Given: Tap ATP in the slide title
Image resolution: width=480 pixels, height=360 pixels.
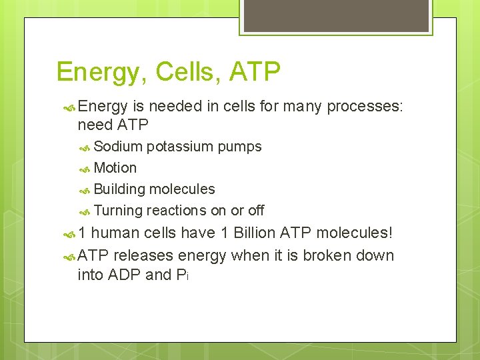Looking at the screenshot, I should coord(255,72).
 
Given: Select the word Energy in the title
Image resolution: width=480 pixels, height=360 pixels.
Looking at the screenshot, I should coord(99,72).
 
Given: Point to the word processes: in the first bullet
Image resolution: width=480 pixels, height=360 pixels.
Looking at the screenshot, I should coord(366,107).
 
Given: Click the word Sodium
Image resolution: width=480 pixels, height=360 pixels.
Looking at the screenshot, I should coord(118,146).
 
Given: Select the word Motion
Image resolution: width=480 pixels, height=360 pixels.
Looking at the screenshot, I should coord(115,168).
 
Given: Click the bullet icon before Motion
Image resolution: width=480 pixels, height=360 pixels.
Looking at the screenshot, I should coord(85,169).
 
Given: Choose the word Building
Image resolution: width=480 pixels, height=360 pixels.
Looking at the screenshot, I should coord(119,189).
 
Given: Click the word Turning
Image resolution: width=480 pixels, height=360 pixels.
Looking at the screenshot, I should coord(119,211).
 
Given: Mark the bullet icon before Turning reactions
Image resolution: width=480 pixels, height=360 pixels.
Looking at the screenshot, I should coord(85,211).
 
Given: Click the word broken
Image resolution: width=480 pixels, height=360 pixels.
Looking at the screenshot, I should coord(327,255).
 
